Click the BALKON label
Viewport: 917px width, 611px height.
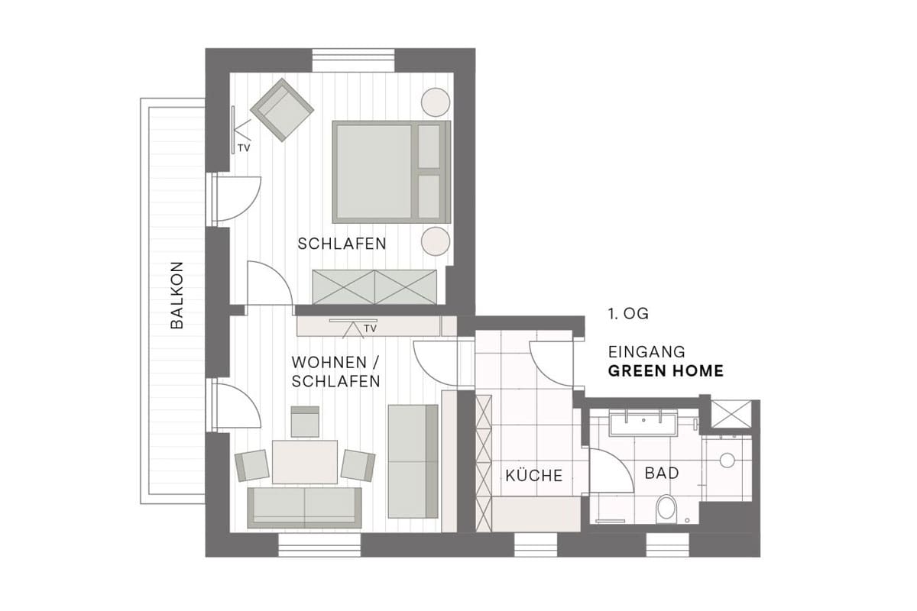pos(177,295)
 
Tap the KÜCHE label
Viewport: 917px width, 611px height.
pos(534,476)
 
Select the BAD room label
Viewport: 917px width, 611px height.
pos(662,473)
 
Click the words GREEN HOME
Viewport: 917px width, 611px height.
pos(666,370)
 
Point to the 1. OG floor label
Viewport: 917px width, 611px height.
pos(628,314)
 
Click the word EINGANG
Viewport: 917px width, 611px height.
pos(646,352)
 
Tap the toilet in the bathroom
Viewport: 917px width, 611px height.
pos(666,509)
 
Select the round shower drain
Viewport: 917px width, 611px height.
pos(727,461)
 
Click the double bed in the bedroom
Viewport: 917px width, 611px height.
pos(391,172)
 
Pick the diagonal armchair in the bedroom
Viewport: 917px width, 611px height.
pos(282,110)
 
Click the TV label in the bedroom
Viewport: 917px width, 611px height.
pos(244,148)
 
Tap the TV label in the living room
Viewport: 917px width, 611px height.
pos(370,328)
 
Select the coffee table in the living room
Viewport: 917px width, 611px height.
pos(305,461)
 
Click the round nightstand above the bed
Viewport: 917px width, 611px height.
pos(436,102)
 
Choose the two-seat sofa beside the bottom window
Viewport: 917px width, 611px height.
pos(304,507)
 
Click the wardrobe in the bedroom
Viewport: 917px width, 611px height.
pos(374,287)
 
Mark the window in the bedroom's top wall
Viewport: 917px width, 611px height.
pos(353,60)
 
